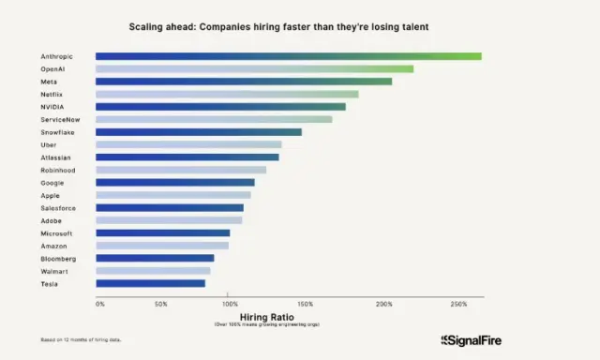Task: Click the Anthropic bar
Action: pos(288,56)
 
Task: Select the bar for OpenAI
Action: pos(254,68)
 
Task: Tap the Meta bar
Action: pos(244,82)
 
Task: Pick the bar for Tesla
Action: pos(150,282)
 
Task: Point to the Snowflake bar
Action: pos(199,132)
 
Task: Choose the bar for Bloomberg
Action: pos(155,258)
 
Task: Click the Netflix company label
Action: pos(54,94)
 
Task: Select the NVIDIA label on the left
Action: pos(53,107)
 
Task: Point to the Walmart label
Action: pos(54,270)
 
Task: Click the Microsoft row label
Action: pos(56,232)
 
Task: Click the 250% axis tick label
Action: pos(458,304)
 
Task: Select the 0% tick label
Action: pos(100,304)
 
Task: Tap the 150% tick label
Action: pos(306,304)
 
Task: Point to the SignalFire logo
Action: pos(472,340)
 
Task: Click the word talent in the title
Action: pos(412,27)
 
